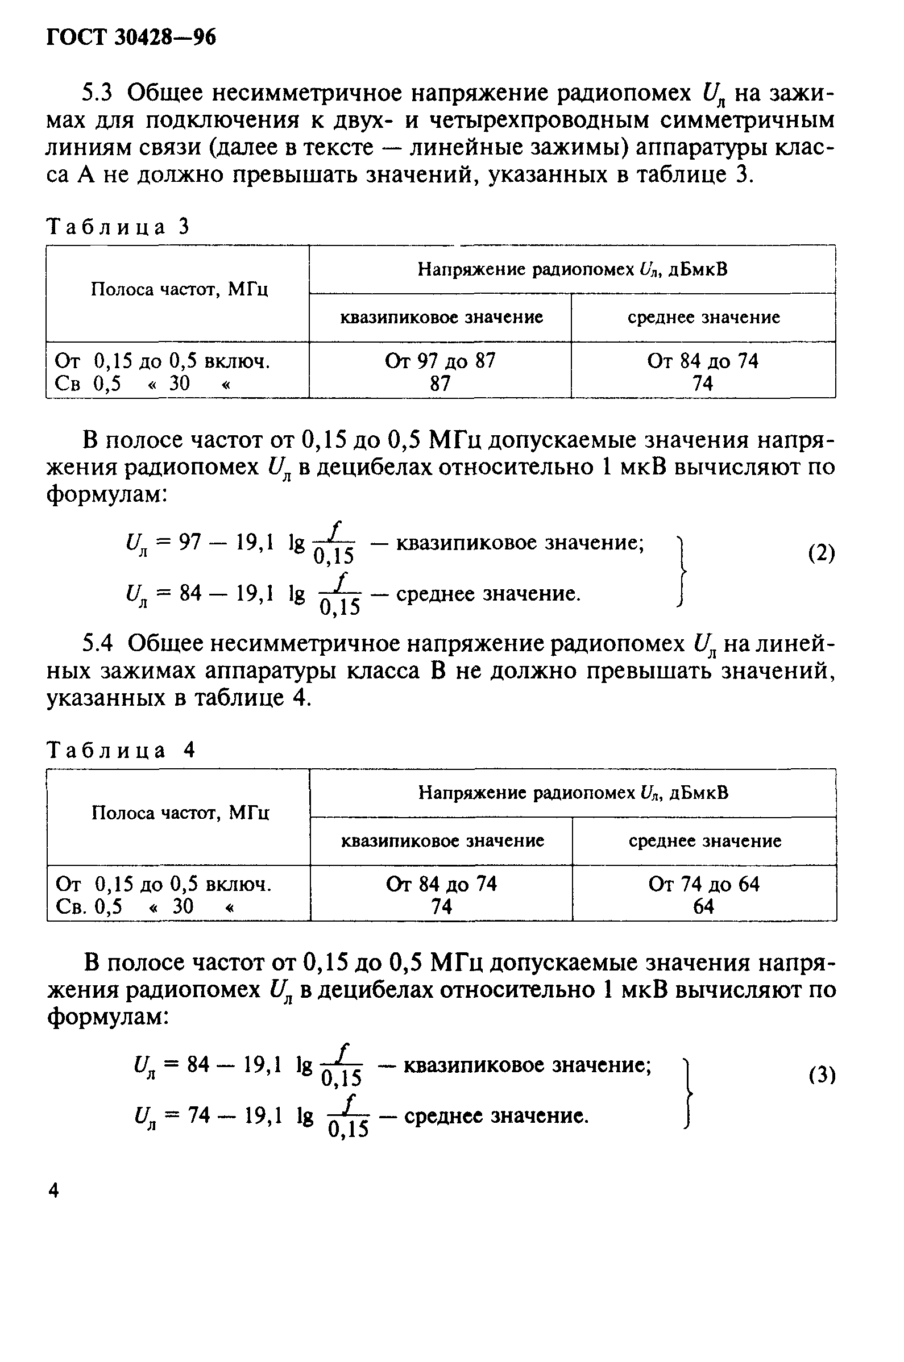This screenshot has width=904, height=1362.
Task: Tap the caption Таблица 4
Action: pyautogui.click(x=121, y=750)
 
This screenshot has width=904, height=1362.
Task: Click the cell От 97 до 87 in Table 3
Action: pyautogui.click(x=440, y=361)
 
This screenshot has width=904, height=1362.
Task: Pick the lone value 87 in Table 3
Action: pyautogui.click(x=440, y=384)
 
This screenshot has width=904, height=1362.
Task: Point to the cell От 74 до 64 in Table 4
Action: pyautogui.click(x=704, y=884)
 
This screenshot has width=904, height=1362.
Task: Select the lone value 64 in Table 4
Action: pyautogui.click(x=704, y=907)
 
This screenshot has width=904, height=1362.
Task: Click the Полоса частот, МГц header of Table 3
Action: pyautogui.click(x=180, y=290)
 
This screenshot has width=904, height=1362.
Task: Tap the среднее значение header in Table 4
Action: pyautogui.click(x=704, y=840)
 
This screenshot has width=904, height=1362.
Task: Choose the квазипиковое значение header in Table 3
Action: pyautogui.click(x=442, y=318)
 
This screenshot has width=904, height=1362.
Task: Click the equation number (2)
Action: pyautogui.click(x=821, y=553)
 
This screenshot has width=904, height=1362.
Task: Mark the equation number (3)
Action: pyautogui.click(x=822, y=1074)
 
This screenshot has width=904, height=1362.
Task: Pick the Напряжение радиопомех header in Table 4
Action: pyautogui.click(x=573, y=793)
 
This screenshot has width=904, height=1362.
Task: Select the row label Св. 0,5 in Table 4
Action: pyautogui.click(x=89, y=907)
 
